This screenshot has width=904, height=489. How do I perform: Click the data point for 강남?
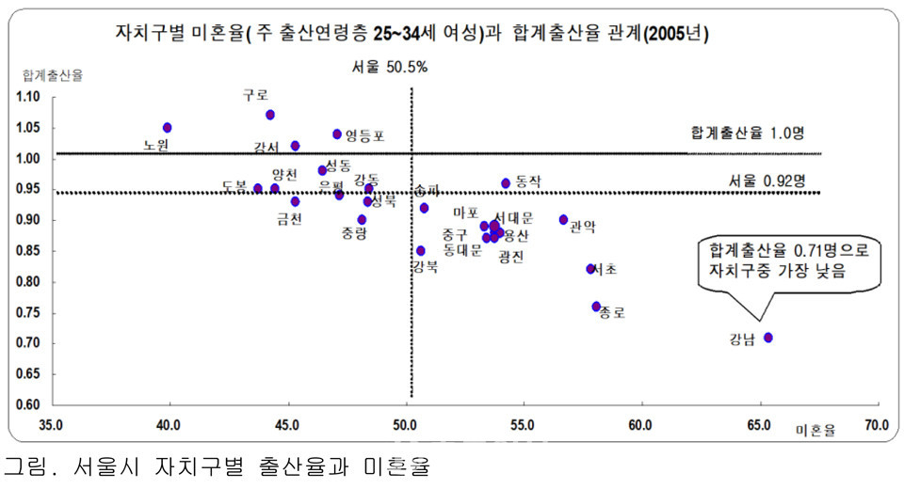(x=768, y=337)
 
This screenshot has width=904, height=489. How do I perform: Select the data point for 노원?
(x=167, y=127)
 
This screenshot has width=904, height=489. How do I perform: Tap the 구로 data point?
(x=270, y=115)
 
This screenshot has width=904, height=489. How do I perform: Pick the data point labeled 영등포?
(x=337, y=134)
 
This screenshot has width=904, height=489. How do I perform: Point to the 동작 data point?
(x=506, y=182)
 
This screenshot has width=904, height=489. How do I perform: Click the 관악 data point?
(x=563, y=219)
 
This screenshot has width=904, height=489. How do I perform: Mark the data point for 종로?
(x=596, y=307)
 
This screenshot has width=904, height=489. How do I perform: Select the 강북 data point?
(x=421, y=250)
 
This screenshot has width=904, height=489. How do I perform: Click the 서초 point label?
(x=604, y=270)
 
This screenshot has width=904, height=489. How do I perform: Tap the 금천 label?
(x=289, y=219)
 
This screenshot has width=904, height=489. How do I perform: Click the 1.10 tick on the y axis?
(x=28, y=97)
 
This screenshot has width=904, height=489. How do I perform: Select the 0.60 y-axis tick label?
(x=28, y=405)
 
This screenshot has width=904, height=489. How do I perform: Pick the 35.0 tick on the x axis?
(x=51, y=424)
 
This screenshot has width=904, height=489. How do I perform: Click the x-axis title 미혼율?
(x=815, y=430)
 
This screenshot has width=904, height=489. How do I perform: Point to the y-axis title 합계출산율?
(x=53, y=76)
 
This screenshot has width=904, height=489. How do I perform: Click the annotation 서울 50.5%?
(x=389, y=67)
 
